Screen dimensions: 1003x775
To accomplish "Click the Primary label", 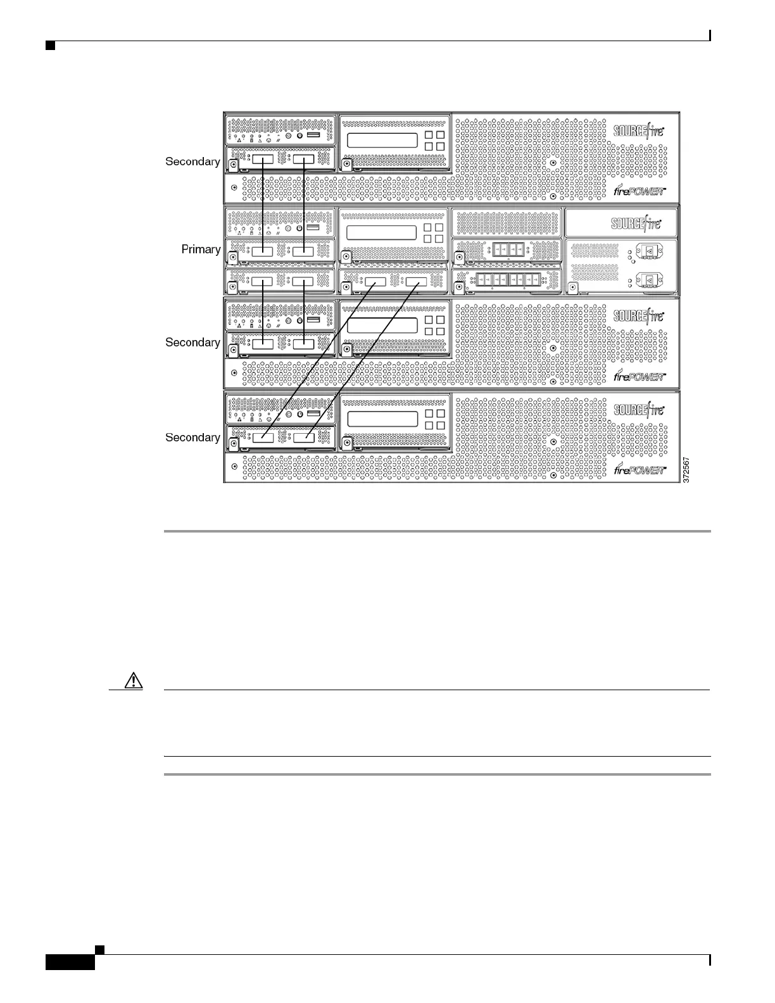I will [x=201, y=249].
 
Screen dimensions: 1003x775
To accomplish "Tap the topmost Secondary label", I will [x=192, y=161].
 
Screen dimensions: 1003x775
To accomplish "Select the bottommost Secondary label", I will [x=192, y=438].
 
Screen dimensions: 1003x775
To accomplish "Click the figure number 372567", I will [x=686, y=471].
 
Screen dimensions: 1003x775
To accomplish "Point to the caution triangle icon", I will [x=134, y=681].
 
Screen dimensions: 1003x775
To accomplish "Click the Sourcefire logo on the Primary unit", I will [x=636, y=224].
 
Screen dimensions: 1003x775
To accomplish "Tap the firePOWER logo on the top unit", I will [x=640, y=191].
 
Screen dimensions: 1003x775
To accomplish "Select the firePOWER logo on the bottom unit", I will [x=640, y=469].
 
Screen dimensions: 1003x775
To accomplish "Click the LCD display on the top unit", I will [x=382, y=141].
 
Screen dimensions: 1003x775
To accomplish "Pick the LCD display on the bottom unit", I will [x=382, y=419].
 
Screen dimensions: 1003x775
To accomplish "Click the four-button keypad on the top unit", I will [x=434, y=141].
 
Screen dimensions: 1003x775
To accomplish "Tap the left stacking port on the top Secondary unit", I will [x=262, y=161].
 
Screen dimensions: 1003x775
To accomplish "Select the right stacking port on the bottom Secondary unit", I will [x=304, y=438].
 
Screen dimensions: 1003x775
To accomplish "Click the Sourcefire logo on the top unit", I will [x=638, y=132].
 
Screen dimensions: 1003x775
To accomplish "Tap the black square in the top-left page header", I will [x=50, y=46].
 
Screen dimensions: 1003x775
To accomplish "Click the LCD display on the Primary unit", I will [x=381, y=232].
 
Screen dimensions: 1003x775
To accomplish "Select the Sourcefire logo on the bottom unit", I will [x=638, y=410].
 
